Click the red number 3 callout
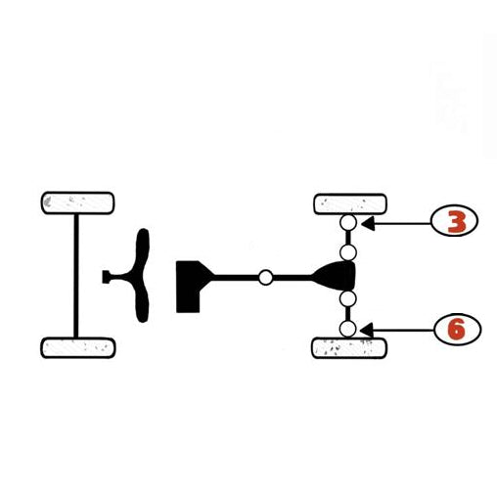coord(454,221)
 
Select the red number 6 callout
coord(457,329)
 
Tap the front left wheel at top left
coord(77,203)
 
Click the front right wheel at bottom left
coord(78,347)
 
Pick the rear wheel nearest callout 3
coord(350,204)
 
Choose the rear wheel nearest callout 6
coord(349,348)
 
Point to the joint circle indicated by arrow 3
coord(348,223)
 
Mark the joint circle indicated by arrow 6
coord(347,329)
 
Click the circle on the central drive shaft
coord(266,278)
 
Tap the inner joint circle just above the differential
coord(348,252)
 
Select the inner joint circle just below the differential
coord(347,298)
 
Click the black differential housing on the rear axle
coord(336,276)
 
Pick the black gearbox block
coord(189,287)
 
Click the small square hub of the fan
coord(106,277)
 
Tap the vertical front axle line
coord(76,276)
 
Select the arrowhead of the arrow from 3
coord(368,224)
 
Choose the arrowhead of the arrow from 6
coord(366,330)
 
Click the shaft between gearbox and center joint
coord(237,278)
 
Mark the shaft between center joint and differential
coord(293,278)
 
